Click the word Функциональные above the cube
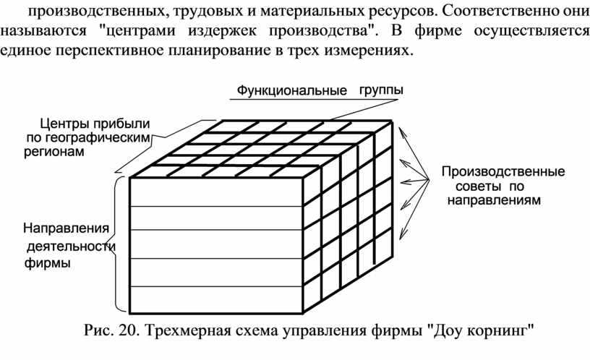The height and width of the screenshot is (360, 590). (x=291, y=90)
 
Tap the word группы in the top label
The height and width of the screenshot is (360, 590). (x=381, y=90)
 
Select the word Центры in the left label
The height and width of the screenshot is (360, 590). (x=64, y=124)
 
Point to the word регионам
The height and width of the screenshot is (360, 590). (x=54, y=152)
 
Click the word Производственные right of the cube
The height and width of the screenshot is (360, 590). (x=503, y=171)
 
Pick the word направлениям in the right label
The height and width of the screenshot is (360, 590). (x=494, y=200)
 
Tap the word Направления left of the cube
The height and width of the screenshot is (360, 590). (x=67, y=228)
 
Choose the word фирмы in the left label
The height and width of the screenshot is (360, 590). (x=48, y=262)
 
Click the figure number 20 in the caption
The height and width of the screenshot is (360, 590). (x=126, y=330)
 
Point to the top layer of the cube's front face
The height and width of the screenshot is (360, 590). (x=216, y=192)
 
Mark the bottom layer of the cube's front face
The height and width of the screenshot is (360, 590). (x=216, y=299)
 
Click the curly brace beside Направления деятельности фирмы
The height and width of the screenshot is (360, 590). (x=115, y=244)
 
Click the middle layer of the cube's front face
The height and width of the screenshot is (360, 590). (x=216, y=244)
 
